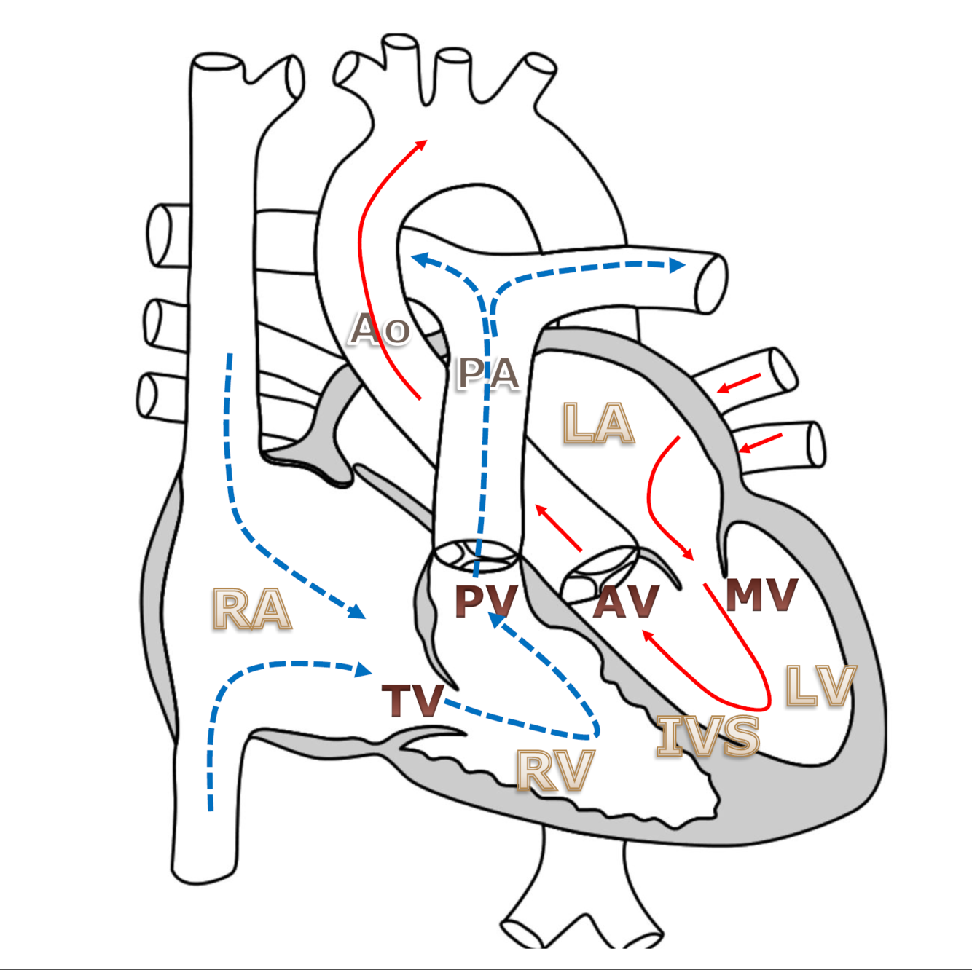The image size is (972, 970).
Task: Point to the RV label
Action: tap(555, 770)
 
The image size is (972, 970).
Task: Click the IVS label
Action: tap(708, 736)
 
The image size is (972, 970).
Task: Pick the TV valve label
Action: tap(412, 701)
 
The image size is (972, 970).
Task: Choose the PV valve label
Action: tap(486, 601)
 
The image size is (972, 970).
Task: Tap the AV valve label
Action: tap(626, 602)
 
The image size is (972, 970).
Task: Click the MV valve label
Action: tap(761, 595)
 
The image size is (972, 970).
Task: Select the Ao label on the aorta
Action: tap(380, 329)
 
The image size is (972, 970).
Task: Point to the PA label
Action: tap(487, 374)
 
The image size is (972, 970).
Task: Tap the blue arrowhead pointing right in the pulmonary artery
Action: tap(678, 265)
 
